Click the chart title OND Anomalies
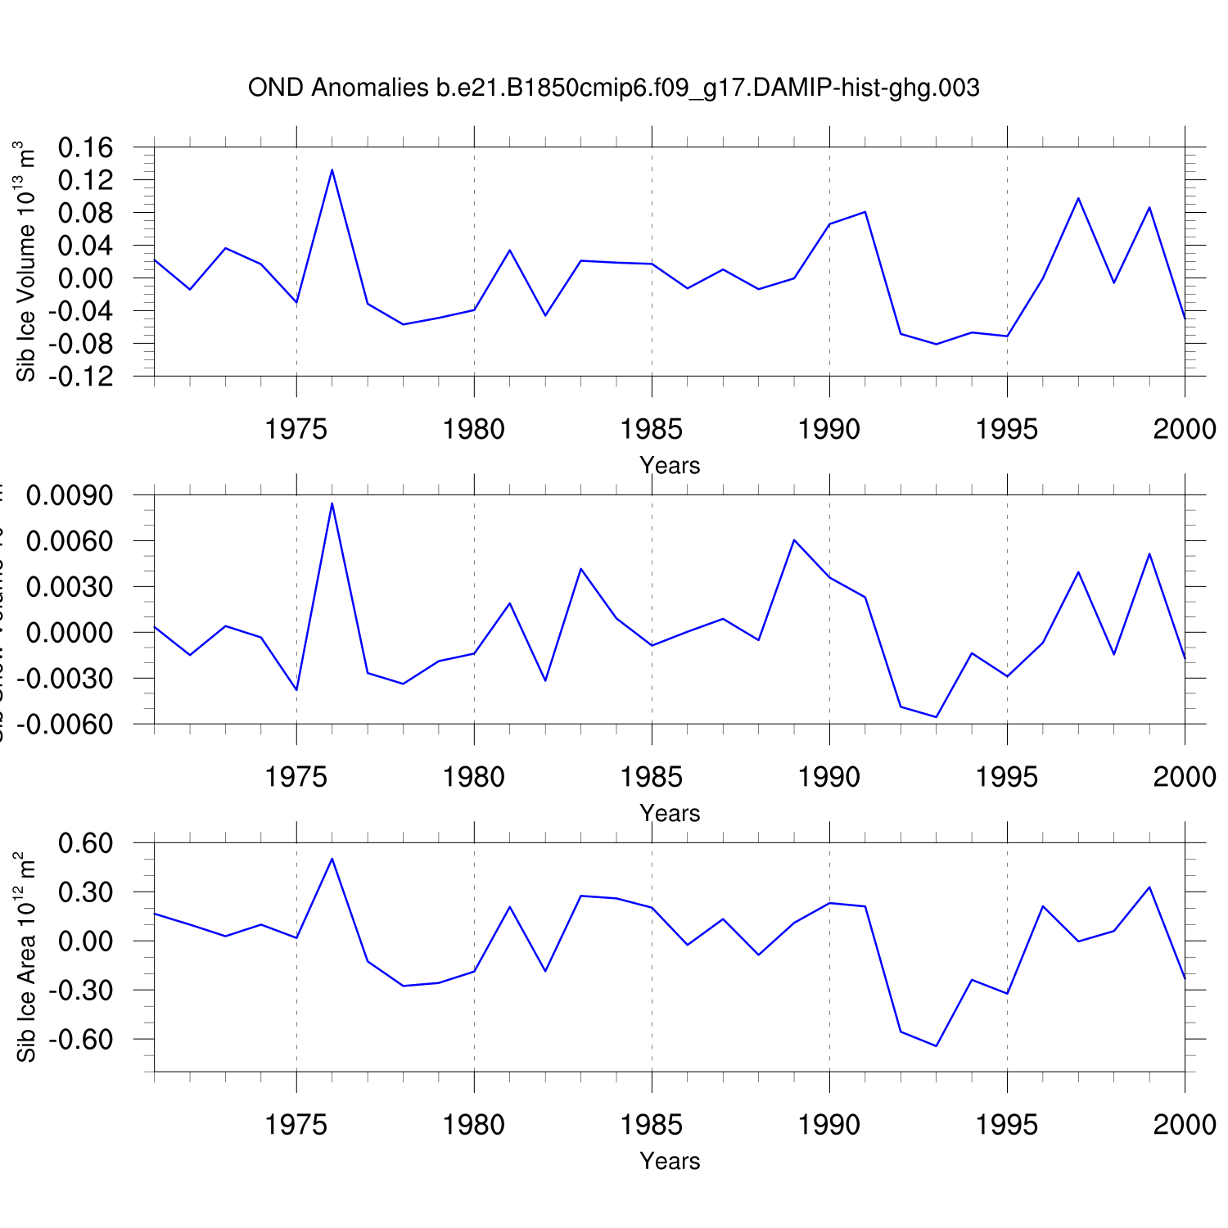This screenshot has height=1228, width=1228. [613, 88]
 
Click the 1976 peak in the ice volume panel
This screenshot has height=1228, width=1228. [332, 169]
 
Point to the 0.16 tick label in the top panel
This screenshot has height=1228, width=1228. [85, 147]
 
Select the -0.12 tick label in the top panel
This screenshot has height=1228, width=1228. [80, 377]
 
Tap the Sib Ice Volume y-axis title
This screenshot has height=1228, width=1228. [26, 262]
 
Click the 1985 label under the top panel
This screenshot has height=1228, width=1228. [652, 428]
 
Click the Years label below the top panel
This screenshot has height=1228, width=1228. [670, 465]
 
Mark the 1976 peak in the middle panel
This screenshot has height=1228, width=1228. [332, 503]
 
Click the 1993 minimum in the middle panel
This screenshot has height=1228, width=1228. [936, 717]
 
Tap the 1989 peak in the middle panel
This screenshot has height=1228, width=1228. [794, 540]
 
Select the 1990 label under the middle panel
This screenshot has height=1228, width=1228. [829, 776]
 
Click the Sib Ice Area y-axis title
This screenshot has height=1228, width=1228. [26, 958]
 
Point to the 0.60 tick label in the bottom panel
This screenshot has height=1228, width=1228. [85, 843]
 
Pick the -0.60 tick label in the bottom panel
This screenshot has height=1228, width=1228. [80, 1040]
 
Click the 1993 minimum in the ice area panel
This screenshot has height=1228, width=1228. [936, 1046]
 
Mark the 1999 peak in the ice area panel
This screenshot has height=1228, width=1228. [1149, 887]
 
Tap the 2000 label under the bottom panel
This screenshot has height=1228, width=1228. [1185, 1124]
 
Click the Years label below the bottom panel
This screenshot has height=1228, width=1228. [670, 1161]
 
